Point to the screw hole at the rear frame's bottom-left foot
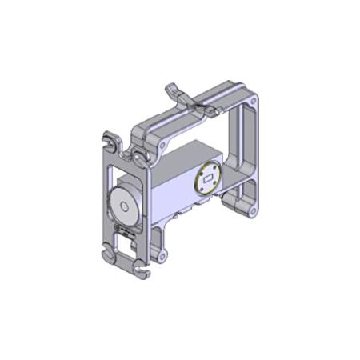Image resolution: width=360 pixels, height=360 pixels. tap(162, 256)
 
